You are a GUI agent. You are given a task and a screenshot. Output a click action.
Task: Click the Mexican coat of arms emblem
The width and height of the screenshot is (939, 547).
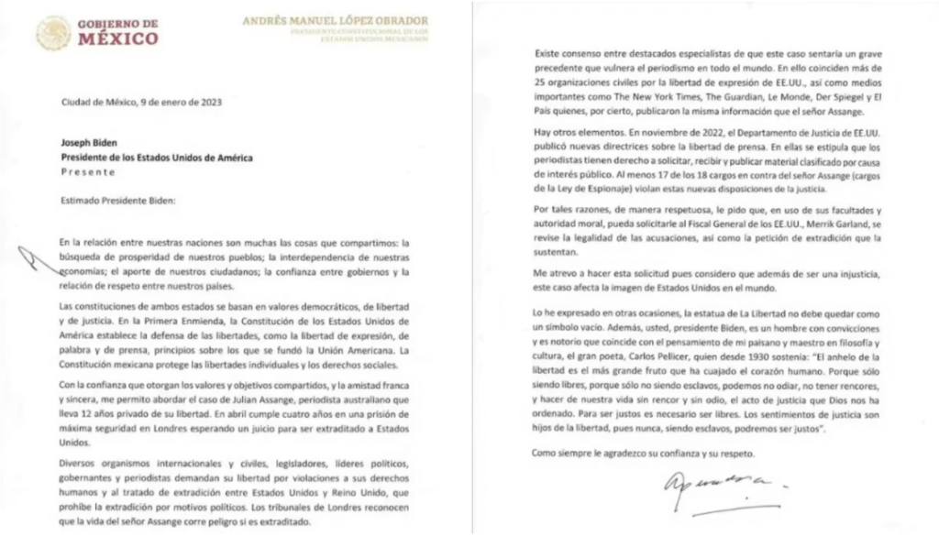(x=53, y=34)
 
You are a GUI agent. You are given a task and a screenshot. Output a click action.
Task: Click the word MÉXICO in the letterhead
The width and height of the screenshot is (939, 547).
(x=117, y=39)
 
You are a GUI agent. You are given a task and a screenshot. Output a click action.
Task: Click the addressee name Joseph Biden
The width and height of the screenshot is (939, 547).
(x=88, y=144)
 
